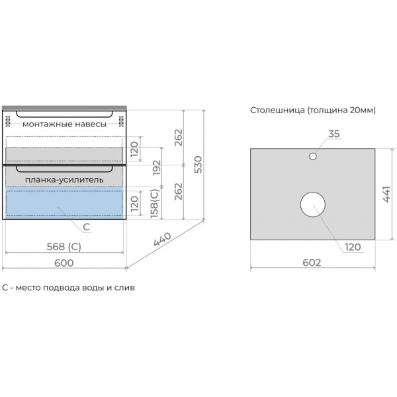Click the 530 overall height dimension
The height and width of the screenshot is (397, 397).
coord(198,165)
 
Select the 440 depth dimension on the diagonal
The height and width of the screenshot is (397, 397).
coord(162,239)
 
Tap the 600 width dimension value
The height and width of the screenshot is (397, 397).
coord(64,263)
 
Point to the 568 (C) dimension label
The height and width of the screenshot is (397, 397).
coord(64,247)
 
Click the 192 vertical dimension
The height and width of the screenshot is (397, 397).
coord(157,167)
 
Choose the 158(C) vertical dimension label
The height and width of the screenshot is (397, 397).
coord(154,204)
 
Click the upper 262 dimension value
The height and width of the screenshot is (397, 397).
coord(179,138)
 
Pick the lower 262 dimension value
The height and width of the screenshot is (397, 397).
coord(179,191)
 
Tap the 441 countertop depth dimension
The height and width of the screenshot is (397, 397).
coord(386,194)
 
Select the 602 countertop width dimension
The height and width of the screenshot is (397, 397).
coord(312,263)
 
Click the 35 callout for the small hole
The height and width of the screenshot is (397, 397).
coord(333,134)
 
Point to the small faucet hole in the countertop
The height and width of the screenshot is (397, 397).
coord(313,156)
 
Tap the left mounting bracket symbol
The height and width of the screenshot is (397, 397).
coord(8,121)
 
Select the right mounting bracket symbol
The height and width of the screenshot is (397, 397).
coord(121,121)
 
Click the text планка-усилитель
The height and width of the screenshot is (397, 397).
coord(64,180)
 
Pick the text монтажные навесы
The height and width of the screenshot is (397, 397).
coord(64,124)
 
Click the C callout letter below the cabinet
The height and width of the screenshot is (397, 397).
coord(86,227)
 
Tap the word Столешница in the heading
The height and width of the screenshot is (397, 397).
coord(277,110)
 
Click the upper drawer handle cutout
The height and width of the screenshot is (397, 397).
coord(64,116)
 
